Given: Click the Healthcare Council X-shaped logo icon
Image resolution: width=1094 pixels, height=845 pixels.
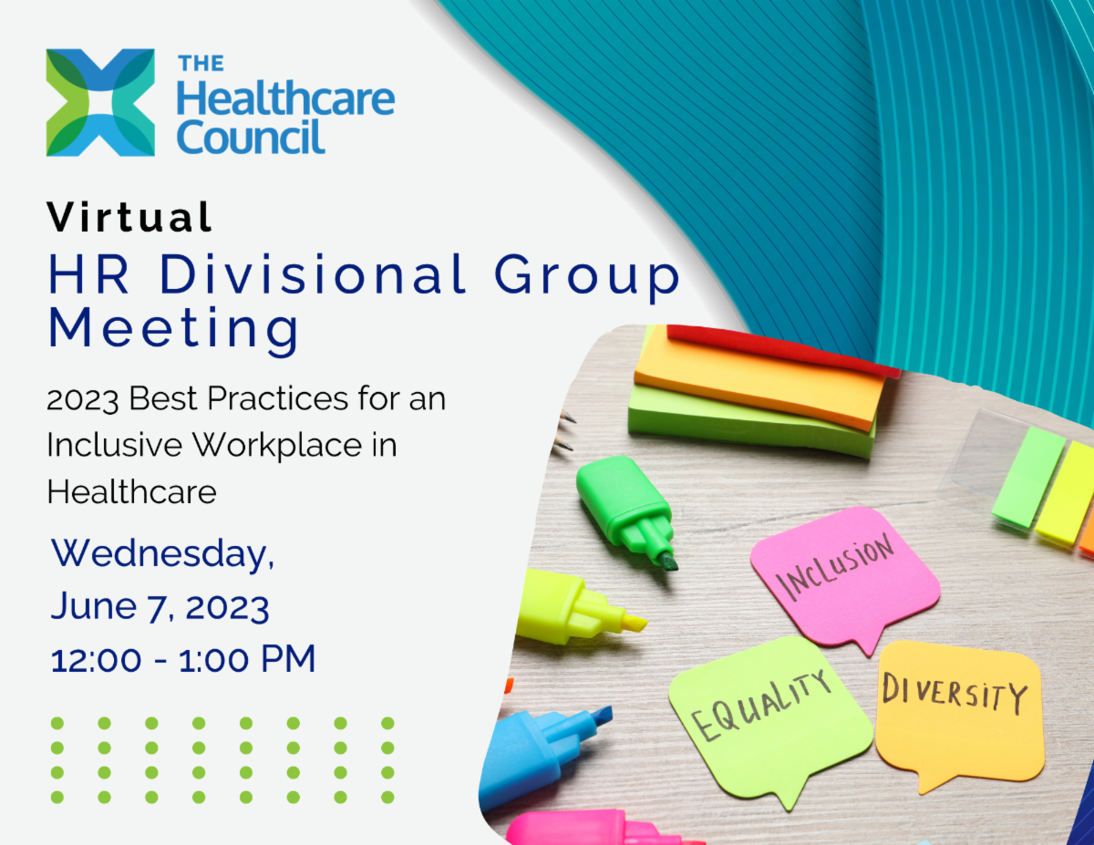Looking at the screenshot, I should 100,102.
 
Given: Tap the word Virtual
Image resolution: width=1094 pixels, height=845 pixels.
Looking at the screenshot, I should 130,218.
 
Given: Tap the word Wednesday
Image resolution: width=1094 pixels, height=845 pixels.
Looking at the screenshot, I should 162,553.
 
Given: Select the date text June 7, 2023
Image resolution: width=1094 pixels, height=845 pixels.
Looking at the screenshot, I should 160,605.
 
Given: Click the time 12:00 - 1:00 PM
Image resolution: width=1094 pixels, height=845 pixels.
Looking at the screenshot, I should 183,658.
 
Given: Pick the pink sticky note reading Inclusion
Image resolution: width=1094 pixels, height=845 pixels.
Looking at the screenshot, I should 843,570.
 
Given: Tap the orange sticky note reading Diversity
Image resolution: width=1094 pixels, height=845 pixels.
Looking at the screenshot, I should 957,706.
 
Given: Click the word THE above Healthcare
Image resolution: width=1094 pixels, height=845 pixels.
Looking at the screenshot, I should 201,65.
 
